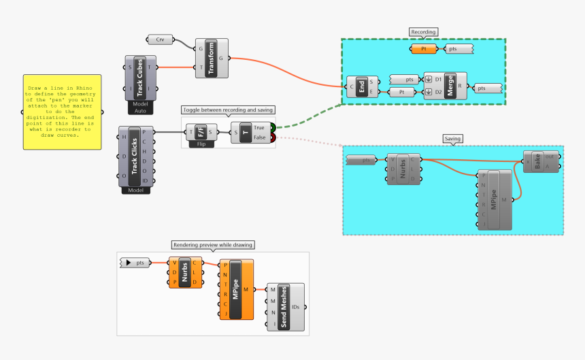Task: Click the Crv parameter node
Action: point(160,39)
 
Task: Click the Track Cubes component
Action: point(139,78)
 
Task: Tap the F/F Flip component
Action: point(201,132)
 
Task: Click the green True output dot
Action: point(273,127)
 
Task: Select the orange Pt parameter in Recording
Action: point(424,49)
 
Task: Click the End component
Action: point(362,86)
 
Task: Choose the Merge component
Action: point(450,86)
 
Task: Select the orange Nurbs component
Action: point(185,272)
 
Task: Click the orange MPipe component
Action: point(235,289)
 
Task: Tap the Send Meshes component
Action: point(284,307)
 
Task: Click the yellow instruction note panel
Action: point(62,112)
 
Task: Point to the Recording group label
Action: point(423,32)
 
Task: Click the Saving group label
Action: point(452,139)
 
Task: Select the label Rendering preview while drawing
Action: point(213,245)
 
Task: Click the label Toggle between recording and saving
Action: point(228,110)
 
